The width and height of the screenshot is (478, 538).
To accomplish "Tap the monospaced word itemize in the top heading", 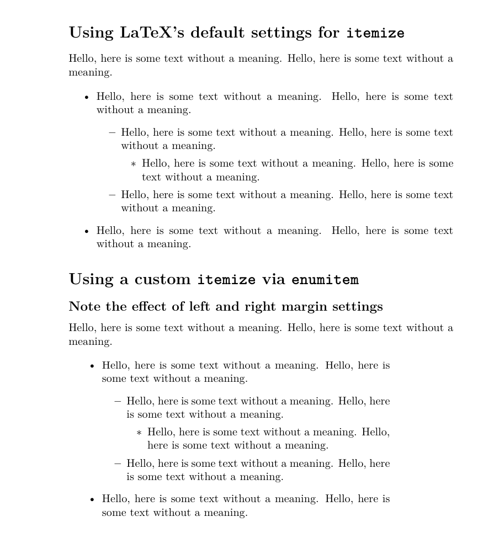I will point(375,33).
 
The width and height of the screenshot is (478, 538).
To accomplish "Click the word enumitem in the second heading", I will point(325,280).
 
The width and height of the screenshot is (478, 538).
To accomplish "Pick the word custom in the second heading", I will point(163,280).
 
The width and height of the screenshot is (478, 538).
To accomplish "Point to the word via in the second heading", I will point(274,280).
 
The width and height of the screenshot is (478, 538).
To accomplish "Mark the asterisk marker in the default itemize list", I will point(133,164).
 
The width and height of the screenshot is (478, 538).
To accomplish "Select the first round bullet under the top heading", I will point(87,97).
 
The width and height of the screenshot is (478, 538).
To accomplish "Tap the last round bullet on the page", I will point(92,500).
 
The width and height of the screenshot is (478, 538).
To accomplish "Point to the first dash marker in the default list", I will point(112,132).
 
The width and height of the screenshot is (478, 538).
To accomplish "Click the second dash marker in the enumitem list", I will point(118,464).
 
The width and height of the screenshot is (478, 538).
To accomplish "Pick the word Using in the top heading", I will point(91,33).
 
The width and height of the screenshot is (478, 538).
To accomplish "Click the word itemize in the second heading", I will point(226,280).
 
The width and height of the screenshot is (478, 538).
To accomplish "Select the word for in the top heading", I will point(328,33).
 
